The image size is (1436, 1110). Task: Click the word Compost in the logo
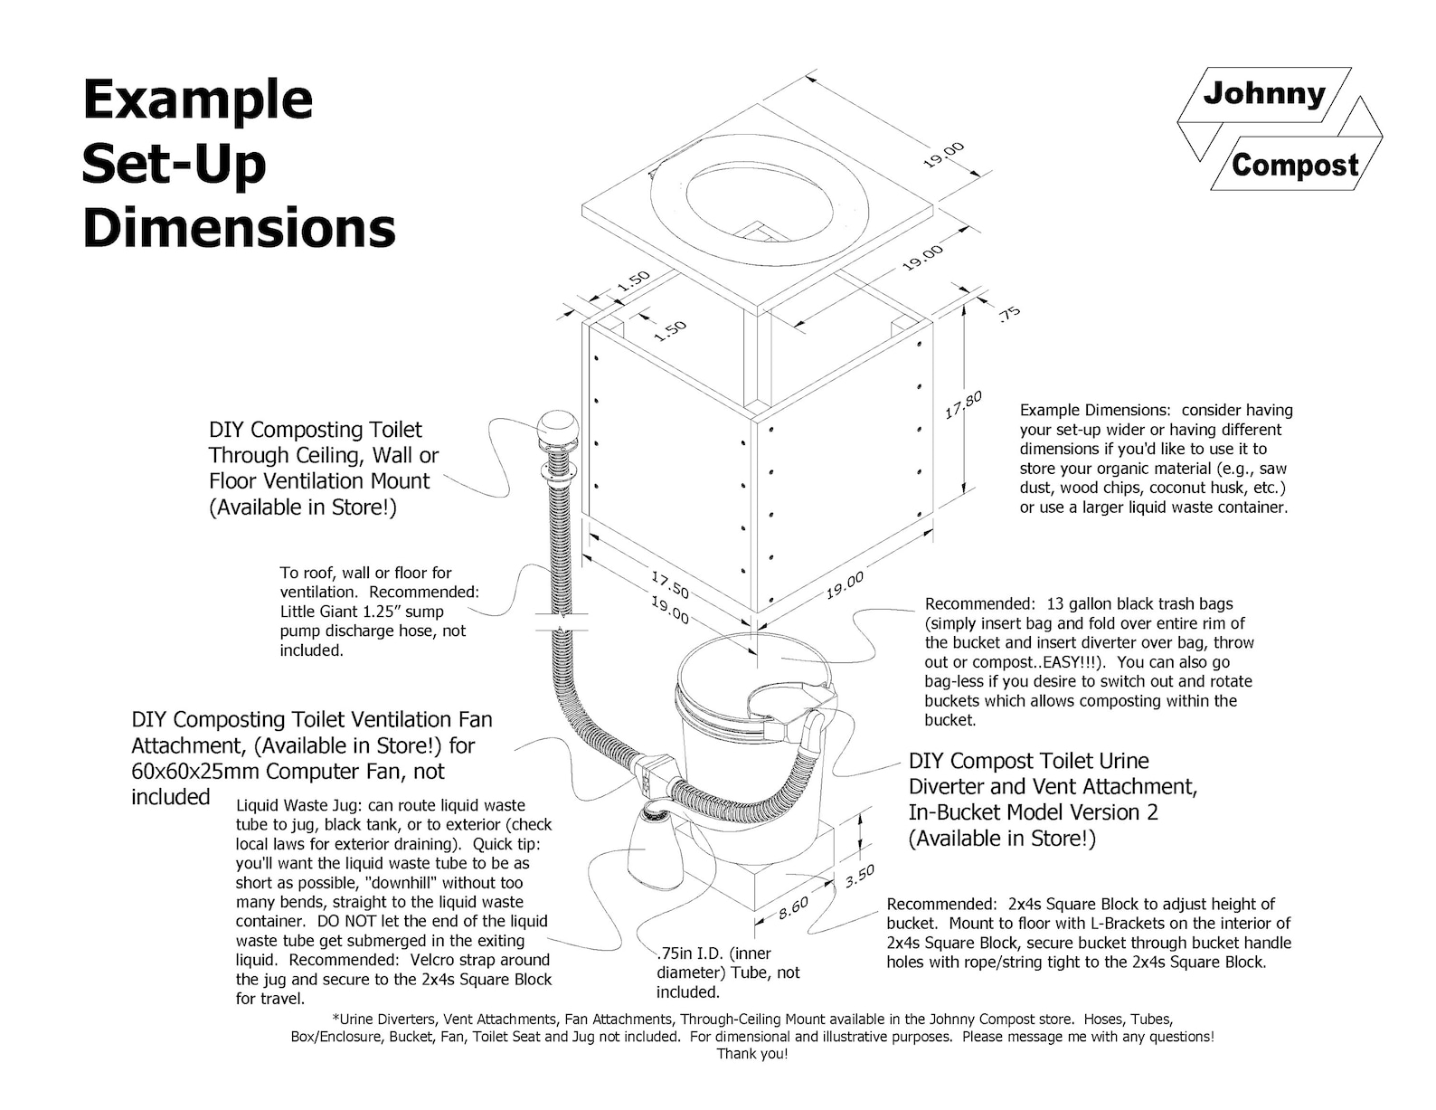pos(1294,165)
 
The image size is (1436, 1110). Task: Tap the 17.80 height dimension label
pos(964,404)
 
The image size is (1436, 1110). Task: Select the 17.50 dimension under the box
pos(670,584)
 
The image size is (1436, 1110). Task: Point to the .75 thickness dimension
pos(1009,313)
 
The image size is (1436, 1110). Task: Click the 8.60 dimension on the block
pos(793,907)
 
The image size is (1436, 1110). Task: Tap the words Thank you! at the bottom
pos(752,1054)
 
